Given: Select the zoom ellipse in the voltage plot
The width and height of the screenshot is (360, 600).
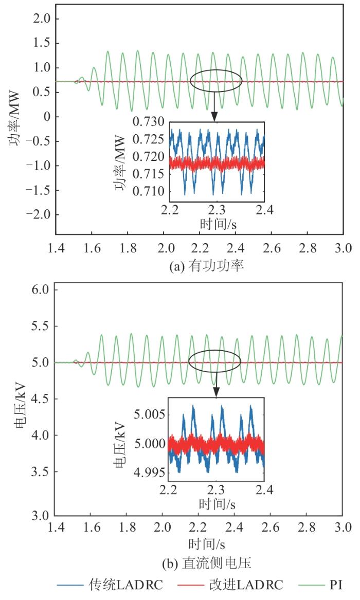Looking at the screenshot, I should pos(216,362).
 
